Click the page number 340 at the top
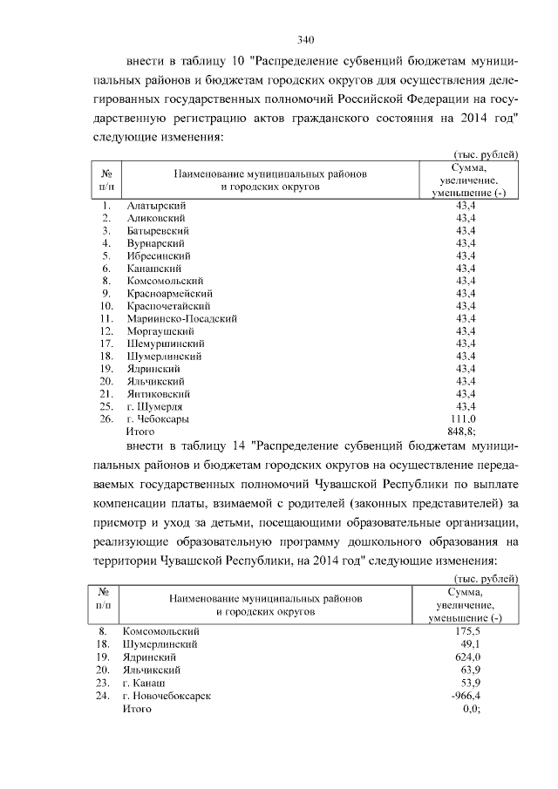coord(304,39)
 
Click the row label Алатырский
coord(154,205)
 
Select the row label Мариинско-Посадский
coord(182,318)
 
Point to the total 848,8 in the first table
coord(462,432)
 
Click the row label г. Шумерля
coord(155,406)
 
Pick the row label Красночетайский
coord(168,306)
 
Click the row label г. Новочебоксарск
coord(167,696)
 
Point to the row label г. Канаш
coord(146,683)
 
